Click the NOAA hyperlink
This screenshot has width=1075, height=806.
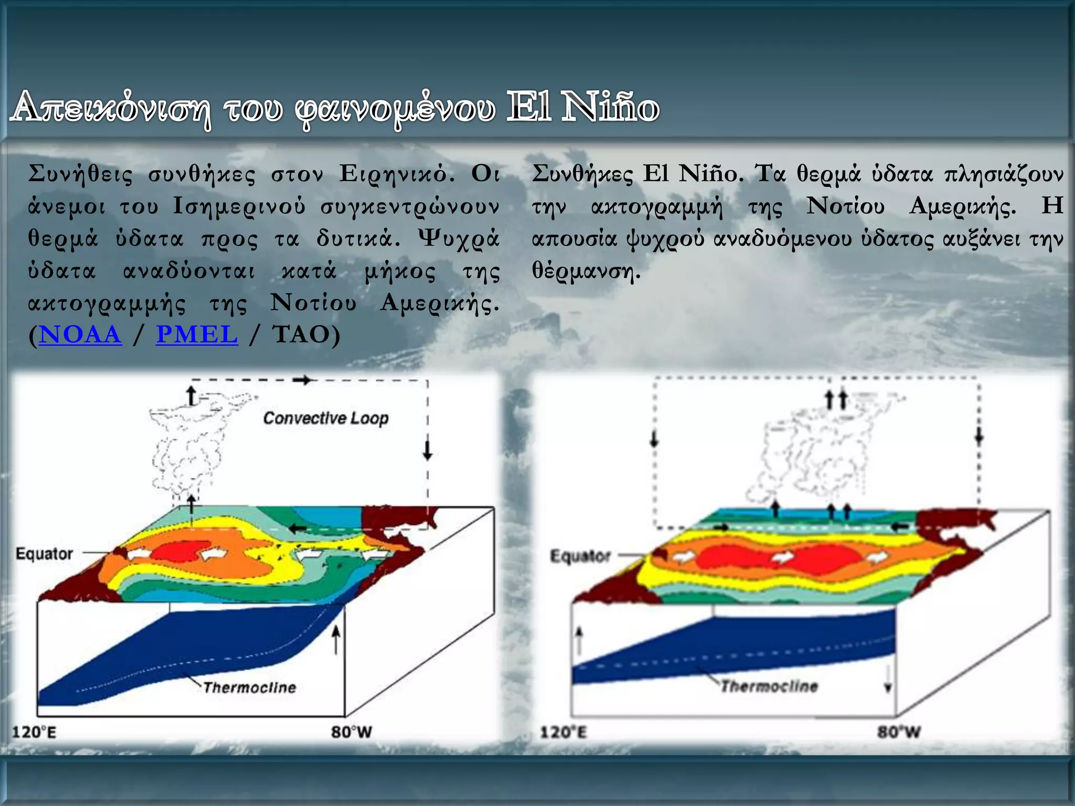[x=80, y=335]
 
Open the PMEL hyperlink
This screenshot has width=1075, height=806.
[x=197, y=335]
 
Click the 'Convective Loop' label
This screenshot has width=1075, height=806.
[x=325, y=418]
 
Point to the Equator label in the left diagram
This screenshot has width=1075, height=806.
[x=44, y=554]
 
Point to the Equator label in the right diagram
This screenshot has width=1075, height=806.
[x=581, y=556]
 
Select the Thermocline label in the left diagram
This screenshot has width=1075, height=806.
[x=250, y=687]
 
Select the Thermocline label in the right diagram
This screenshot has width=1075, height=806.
[x=770, y=686]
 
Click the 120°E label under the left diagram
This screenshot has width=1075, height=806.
[x=34, y=731]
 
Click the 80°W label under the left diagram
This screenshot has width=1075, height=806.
[x=351, y=731]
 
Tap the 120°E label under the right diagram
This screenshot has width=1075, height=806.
[x=563, y=731]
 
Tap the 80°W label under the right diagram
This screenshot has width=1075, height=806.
[x=899, y=731]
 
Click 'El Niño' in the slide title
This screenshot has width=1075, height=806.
[x=583, y=107]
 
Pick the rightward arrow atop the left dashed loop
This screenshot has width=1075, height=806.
[x=302, y=380]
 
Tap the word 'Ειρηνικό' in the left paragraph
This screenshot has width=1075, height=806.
[x=396, y=174]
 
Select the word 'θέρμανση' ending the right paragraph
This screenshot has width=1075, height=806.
[x=585, y=271]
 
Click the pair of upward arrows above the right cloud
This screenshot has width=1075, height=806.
[x=836, y=399]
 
